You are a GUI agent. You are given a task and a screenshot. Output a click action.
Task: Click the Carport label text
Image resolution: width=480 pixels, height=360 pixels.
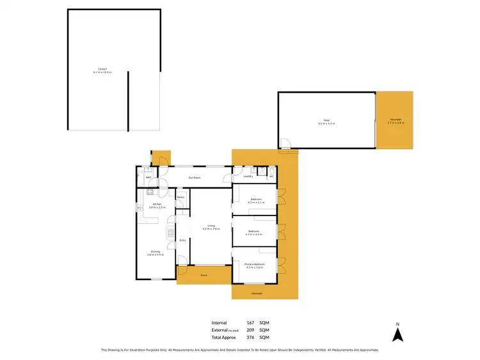click(101, 69)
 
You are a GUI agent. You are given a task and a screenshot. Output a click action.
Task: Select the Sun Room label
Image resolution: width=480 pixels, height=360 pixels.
click(194, 177)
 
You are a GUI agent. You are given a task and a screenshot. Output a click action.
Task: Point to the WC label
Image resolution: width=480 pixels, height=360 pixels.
click(271, 176)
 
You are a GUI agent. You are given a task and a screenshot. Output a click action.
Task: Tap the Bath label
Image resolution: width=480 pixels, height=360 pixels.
click(148, 177)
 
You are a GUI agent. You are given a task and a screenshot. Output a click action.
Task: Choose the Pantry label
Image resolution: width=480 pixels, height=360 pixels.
click(181, 197)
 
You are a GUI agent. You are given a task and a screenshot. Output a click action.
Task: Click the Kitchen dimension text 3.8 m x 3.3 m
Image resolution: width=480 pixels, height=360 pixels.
click(157, 208)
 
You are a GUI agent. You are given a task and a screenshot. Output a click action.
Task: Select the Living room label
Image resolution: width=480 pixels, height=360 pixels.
click(211, 225)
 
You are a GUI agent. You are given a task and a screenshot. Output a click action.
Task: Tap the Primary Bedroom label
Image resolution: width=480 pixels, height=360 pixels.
click(255, 263)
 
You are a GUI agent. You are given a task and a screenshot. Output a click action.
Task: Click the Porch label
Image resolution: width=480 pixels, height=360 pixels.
click(204, 275)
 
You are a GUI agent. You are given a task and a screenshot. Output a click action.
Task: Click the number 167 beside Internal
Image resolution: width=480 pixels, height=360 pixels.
click(251, 323)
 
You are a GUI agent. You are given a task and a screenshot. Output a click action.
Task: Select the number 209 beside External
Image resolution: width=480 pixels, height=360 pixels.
click(251, 330)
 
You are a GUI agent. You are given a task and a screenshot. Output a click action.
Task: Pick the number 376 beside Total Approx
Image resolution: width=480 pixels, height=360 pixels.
click(251, 337)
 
